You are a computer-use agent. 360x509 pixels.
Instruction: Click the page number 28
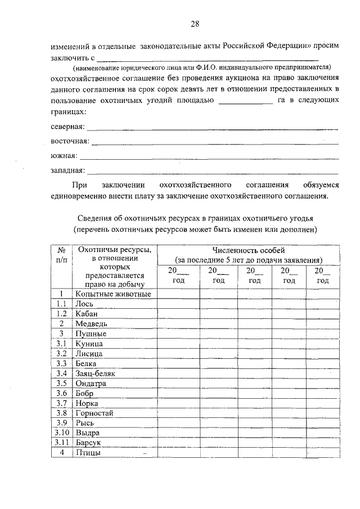195,24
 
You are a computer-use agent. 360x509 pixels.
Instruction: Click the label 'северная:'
67,127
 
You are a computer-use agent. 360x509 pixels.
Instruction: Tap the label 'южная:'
64,155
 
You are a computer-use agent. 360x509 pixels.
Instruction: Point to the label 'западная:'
67,170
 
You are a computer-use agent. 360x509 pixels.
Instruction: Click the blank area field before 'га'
244,101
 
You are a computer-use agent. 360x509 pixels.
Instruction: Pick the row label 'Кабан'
87,314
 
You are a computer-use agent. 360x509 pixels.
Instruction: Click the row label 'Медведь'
91,324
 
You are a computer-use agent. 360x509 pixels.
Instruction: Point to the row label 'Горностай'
94,413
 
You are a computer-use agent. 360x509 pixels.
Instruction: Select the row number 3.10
62,433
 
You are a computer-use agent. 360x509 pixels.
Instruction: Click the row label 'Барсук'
89,443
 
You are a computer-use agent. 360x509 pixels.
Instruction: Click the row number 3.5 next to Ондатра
62,384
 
